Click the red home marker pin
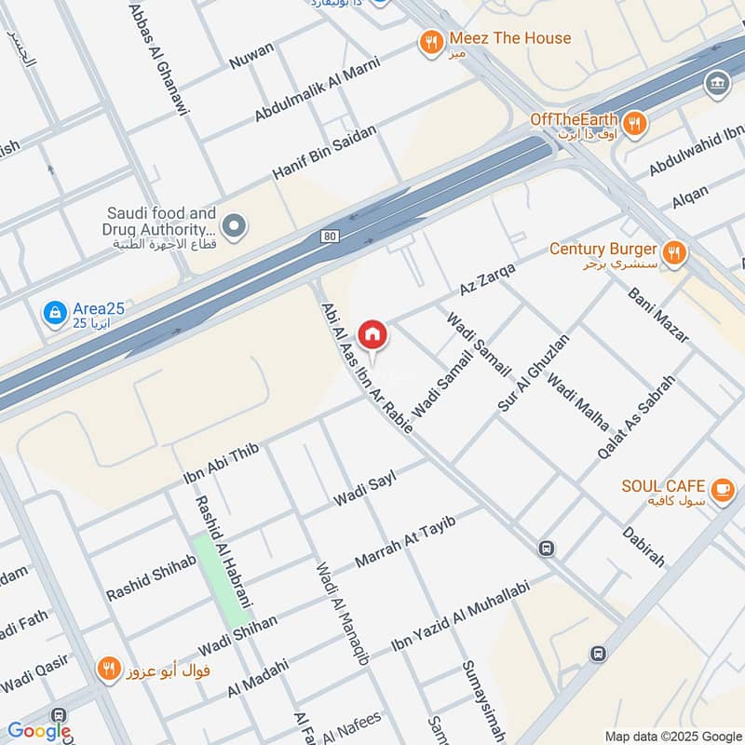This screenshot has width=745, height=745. tap(372, 333)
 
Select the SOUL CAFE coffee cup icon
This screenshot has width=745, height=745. tap(722, 488)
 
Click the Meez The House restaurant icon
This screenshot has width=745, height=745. tap(430, 42)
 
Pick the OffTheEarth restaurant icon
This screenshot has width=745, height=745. tap(634, 123)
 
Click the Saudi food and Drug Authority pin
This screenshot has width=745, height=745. tap(235, 225)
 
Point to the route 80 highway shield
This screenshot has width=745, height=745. tap(330, 237)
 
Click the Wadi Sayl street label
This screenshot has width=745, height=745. tap(366, 489)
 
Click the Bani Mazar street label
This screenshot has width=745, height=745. tap(657, 315)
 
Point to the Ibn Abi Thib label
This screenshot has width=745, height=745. tap(221, 464)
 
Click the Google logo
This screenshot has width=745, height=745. tap(38, 731)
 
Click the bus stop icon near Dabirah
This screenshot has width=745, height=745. tap(547, 549)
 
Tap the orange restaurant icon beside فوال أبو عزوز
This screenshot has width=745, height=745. tap(110, 668)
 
